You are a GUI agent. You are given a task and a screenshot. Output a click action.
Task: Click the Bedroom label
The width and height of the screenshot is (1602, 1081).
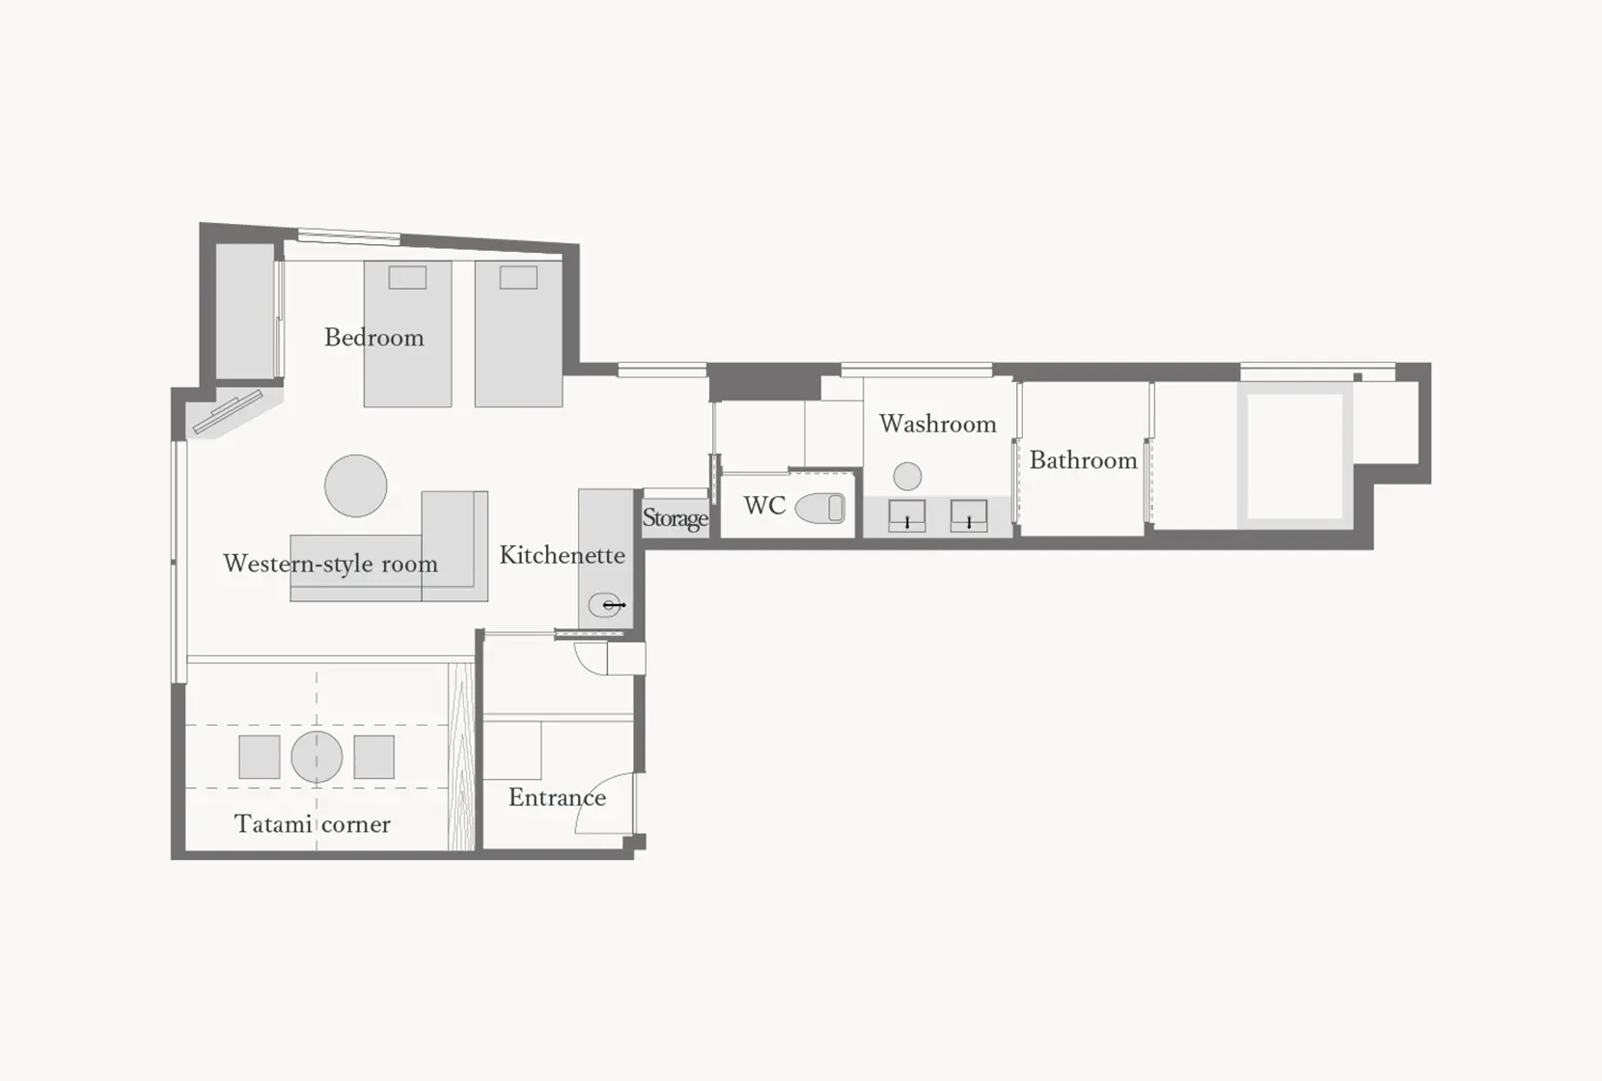point(373,338)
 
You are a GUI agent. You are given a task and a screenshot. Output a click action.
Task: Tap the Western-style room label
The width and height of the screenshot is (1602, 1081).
point(330,564)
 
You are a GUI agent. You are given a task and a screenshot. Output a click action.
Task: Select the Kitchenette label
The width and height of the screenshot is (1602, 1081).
point(562,555)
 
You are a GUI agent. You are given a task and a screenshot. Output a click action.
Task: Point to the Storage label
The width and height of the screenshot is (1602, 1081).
point(675,518)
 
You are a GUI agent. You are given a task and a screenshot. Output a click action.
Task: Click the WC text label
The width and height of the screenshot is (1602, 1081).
point(764,506)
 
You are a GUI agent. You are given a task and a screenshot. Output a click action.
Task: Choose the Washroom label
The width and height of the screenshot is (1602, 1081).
point(937,424)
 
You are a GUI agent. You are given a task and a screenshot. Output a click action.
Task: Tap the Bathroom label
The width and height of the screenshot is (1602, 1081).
point(1083,460)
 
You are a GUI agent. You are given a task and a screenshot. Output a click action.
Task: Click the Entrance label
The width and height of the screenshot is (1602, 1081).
point(557,797)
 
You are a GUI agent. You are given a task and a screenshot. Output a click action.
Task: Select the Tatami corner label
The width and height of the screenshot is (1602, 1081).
point(312,824)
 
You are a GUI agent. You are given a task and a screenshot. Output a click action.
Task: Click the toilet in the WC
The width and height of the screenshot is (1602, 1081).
point(820,508)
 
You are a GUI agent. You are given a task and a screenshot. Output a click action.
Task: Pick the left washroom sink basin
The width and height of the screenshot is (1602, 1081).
point(907,515)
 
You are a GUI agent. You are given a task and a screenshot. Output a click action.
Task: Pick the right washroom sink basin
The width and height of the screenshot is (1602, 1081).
point(969,515)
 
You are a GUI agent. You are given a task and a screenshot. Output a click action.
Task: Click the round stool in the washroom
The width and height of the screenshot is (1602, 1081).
point(907,476)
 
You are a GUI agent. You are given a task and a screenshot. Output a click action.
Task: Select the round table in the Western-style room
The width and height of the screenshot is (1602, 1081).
point(356,486)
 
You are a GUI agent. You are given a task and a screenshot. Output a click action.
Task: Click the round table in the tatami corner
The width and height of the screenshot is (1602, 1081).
point(317,757)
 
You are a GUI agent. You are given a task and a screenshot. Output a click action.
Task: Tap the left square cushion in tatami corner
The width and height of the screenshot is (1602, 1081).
point(260,757)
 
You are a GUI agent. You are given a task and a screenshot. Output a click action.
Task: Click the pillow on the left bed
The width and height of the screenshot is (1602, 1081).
point(407,278)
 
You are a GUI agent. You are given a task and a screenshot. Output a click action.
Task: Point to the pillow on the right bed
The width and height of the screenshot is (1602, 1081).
point(518,278)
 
